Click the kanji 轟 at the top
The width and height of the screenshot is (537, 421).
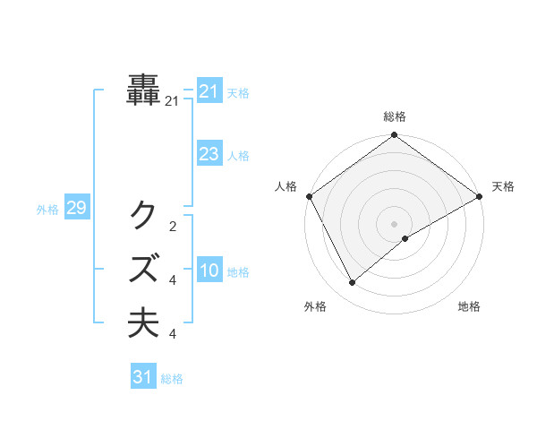(x=144, y=90)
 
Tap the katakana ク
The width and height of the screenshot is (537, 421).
(x=144, y=214)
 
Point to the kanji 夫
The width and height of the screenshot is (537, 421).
(x=144, y=322)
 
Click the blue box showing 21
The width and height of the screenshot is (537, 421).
(x=209, y=91)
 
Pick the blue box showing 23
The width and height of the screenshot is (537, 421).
(x=209, y=154)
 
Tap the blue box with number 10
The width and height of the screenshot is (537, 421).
(x=209, y=271)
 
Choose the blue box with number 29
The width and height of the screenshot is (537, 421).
(x=76, y=209)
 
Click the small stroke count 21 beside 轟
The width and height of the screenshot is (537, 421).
(x=172, y=102)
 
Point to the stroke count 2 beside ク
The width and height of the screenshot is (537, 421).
(x=172, y=226)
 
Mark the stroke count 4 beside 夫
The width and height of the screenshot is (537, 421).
(x=172, y=334)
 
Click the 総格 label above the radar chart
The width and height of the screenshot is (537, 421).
(x=395, y=116)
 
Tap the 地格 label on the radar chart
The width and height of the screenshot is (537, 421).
(x=469, y=307)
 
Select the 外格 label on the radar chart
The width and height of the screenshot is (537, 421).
(x=315, y=307)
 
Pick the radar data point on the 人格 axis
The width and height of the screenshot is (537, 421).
(x=309, y=196)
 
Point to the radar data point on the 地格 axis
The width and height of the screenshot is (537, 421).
(x=405, y=238)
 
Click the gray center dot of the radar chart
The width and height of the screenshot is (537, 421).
(x=395, y=223)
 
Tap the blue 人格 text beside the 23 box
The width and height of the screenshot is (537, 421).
(x=238, y=156)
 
